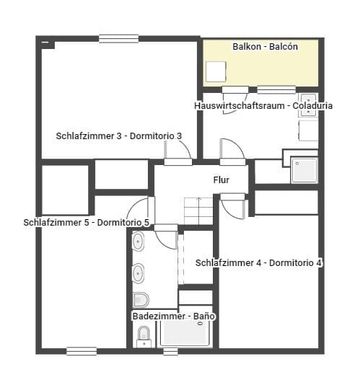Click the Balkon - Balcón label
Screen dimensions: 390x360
[x=265, y=46]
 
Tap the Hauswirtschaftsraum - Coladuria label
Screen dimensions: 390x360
[x=263, y=105]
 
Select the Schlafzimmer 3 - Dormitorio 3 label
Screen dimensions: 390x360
[x=118, y=136]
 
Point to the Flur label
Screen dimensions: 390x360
[x=221, y=180]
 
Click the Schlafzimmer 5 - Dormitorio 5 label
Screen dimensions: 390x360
[x=86, y=223]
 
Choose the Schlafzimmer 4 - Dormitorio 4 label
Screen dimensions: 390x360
[x=258, y=263]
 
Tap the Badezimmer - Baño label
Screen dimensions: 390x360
[x=174, y=316]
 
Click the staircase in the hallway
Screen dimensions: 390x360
[x=198, y=210]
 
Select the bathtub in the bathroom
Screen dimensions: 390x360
[x=185, y=334]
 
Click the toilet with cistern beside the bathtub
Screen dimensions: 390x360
[x=144, y=334]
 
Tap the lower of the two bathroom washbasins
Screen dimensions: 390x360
[x=138, y=273]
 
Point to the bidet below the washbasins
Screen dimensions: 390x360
[x=141, y=298]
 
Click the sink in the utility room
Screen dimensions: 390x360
[x=307, y=103]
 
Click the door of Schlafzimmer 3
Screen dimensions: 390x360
[x=179, y=151]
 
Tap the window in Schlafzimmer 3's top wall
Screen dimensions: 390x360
[x=119, y=39]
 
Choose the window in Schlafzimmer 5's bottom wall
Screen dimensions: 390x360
[x=82, y=351]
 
